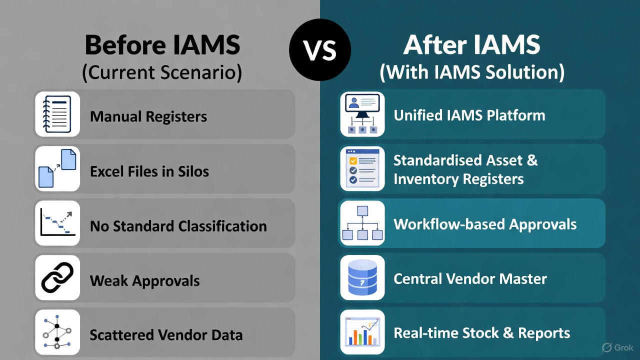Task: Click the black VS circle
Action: pos(320,50)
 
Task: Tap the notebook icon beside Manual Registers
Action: pos(57,114)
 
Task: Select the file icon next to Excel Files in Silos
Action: pos(57,168)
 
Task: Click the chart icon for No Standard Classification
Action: pos(57,223)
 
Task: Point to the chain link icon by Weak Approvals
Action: pos(57,278)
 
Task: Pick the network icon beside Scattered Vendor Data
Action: pos(57,331)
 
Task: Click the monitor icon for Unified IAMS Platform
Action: pos(362,114)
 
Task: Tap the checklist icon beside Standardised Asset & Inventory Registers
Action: pos(362,168)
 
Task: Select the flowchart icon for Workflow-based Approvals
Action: pos(362,223)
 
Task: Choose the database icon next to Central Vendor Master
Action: pos(362,278)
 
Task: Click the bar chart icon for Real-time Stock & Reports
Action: pos(362,331)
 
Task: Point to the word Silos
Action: pos(193,171)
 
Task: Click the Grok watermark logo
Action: pos(618,347)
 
